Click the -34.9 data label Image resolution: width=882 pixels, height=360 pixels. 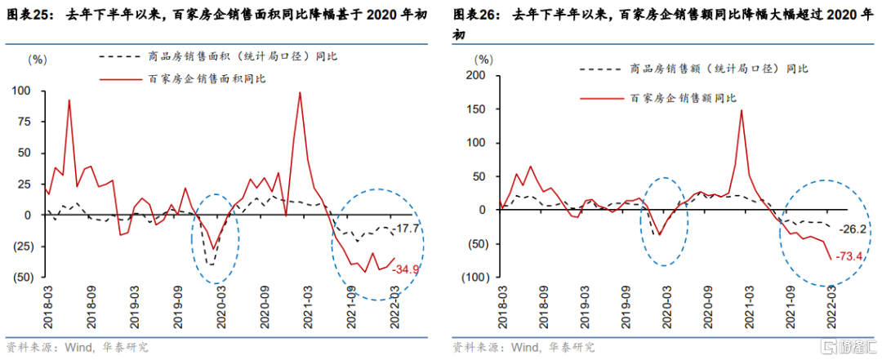coord(406,269)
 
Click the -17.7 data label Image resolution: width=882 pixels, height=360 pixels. coord(406,228)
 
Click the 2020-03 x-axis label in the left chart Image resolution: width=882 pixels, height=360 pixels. coord(218,307)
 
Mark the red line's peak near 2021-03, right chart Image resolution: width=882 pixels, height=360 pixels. coord(741,110)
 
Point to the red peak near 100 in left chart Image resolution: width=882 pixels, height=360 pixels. coord(300,92)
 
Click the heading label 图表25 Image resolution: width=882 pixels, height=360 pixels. coord(27,14)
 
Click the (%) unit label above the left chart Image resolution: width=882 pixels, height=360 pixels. coord(38,60)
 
